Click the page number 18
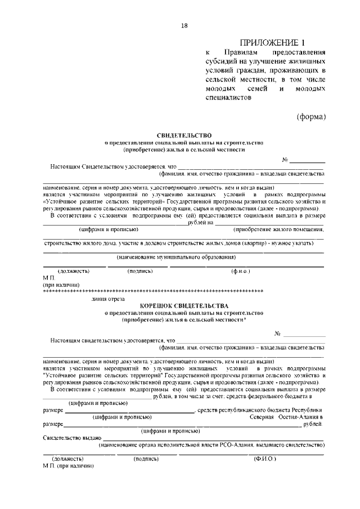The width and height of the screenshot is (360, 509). click(x=184, y=26)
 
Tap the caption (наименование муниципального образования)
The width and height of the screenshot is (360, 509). click(x=176, y=256)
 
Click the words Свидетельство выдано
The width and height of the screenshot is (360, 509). click(x=71, y=438)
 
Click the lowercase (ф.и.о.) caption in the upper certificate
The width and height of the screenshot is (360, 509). click(x=240, y=271)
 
